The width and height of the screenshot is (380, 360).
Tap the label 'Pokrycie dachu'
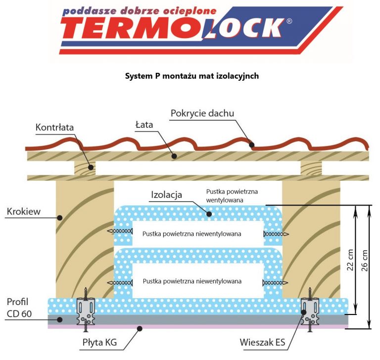(202, 113)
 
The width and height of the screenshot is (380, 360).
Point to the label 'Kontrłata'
(54, 127)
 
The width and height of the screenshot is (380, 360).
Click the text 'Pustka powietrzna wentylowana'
(232, 195)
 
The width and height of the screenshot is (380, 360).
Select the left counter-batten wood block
(85, 168)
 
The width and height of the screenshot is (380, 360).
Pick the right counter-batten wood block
(311, 168)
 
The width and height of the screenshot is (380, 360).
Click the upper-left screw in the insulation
(120, 231)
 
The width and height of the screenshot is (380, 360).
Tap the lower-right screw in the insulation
(275, 282)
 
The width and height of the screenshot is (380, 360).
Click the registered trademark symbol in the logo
(289, 21)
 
